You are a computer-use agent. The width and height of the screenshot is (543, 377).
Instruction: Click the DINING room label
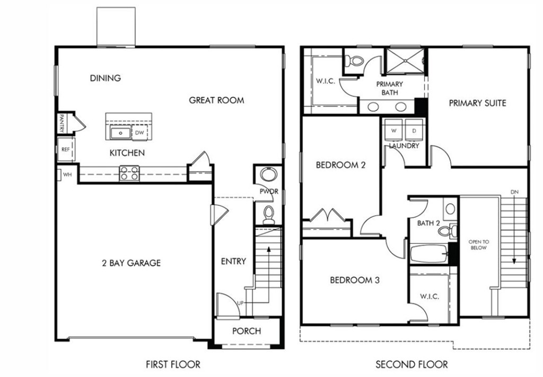pos(105,78)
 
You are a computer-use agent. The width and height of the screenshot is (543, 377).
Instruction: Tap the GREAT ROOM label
pos(216,100)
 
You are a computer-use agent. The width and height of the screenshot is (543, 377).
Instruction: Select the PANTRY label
pos(62,123)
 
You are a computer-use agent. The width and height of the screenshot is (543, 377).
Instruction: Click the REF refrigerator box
pos(66,150)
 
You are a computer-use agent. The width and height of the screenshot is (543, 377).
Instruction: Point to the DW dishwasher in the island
pos(139,133)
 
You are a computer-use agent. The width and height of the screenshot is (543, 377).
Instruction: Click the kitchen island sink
pos(120,133)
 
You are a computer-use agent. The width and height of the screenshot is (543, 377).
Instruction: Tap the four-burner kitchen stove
pos(129,173)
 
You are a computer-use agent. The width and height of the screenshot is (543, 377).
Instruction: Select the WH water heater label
pos(67,174)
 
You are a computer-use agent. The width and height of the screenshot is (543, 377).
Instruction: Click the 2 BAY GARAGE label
pos(131,263)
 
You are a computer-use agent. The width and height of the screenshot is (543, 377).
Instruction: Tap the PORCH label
pos(247,331)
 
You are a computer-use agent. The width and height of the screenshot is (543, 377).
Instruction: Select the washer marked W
pos(394,130)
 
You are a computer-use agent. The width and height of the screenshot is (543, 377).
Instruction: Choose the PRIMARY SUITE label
pos(477,103)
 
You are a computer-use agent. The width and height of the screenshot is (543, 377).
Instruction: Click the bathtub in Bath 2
pos(428,253)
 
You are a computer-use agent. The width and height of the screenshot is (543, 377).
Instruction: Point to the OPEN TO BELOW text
pos(478,244)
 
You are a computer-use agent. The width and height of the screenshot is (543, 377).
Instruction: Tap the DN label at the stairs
pos(514,192)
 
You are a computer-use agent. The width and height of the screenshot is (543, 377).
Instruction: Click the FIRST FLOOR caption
pos(173,364)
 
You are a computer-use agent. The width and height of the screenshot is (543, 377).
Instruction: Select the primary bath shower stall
pos(405,61)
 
